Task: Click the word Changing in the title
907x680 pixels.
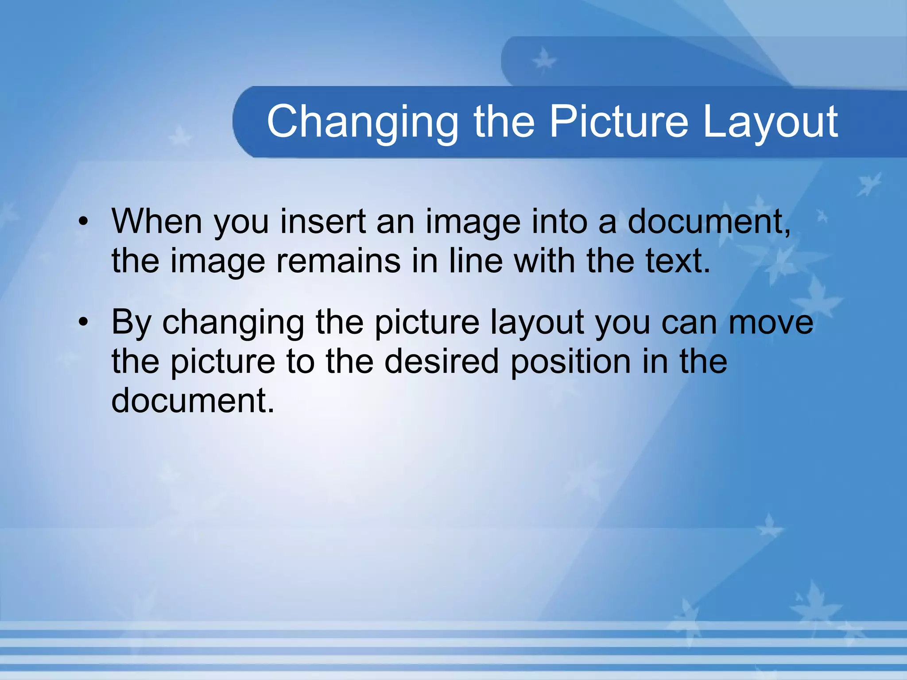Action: (x=362, y=122)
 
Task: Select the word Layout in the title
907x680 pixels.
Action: (x=770, y=122)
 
